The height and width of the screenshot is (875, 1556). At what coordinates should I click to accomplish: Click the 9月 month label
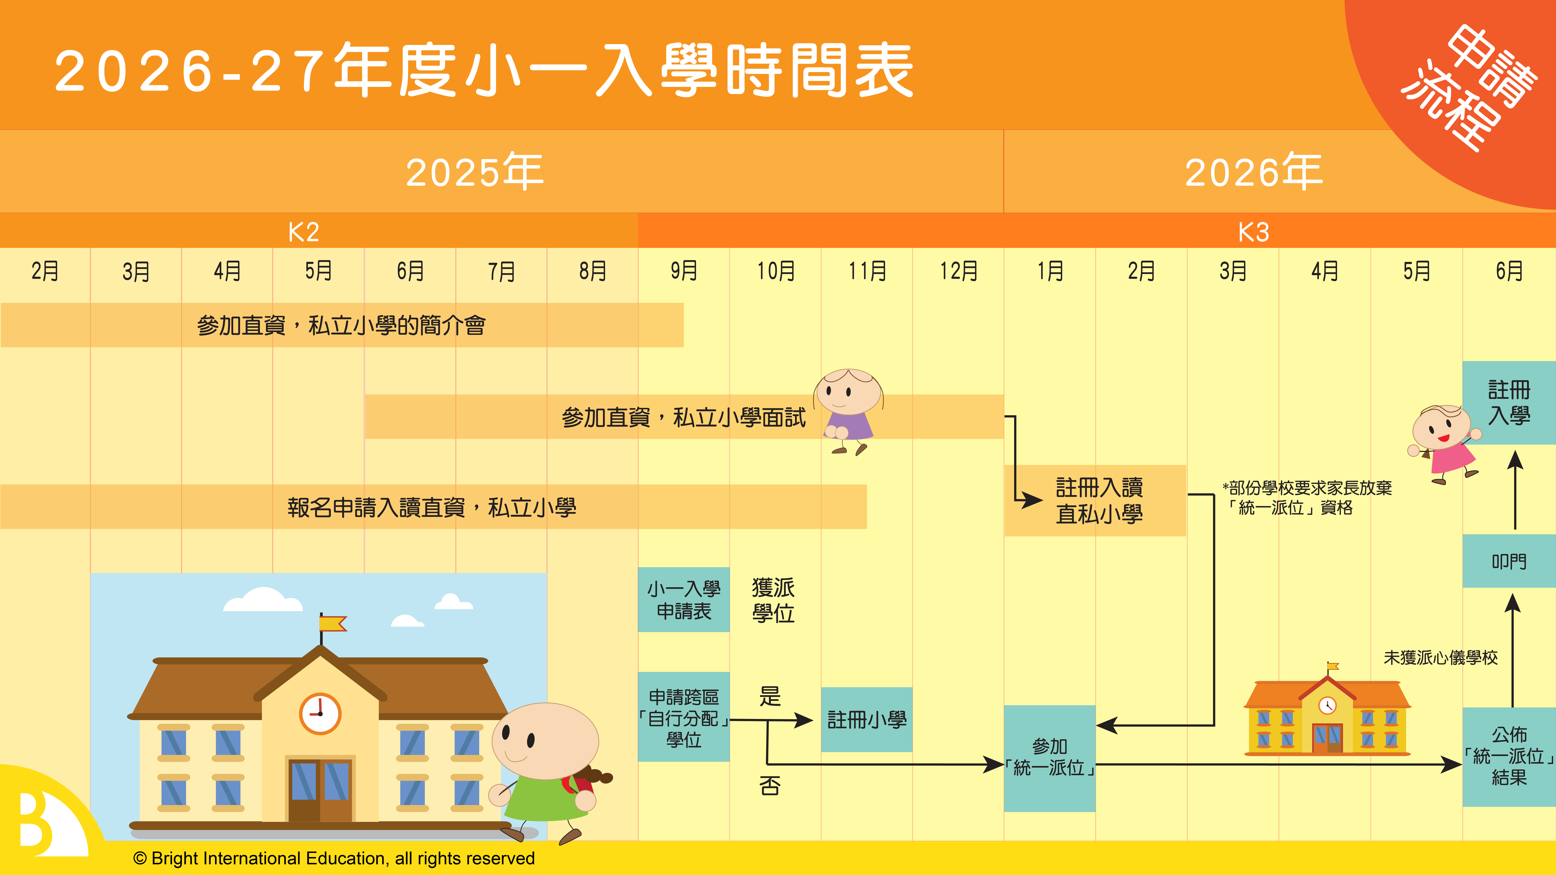pos(684,271)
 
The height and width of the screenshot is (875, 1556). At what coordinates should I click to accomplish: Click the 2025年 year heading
pos(475,172)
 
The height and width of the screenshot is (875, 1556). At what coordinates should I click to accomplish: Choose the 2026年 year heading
pos(1254,172)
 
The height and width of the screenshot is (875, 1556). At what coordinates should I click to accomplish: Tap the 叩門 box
pos(1509,561)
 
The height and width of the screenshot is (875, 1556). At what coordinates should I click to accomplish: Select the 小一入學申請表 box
pos(684,600)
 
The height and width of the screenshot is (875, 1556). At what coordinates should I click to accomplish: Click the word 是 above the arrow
pos(770,696)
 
